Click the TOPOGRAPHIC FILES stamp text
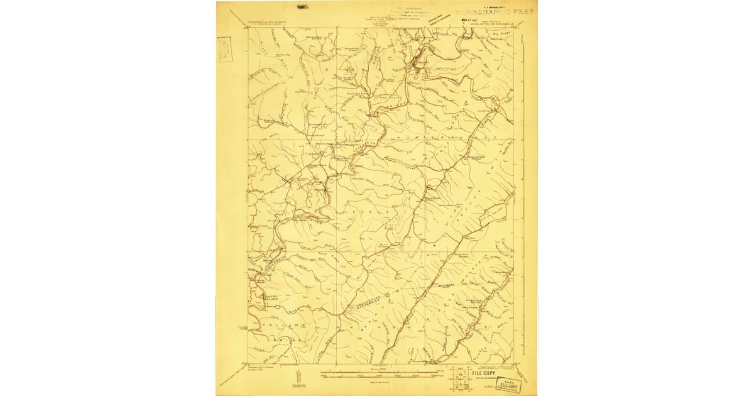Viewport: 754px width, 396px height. click(x=494, y=11)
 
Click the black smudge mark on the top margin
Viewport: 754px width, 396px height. click(x=302, y=7)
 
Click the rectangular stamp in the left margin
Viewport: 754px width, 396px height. click(x=224, y=48)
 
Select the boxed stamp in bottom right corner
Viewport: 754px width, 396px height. click(x=509, y=384)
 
